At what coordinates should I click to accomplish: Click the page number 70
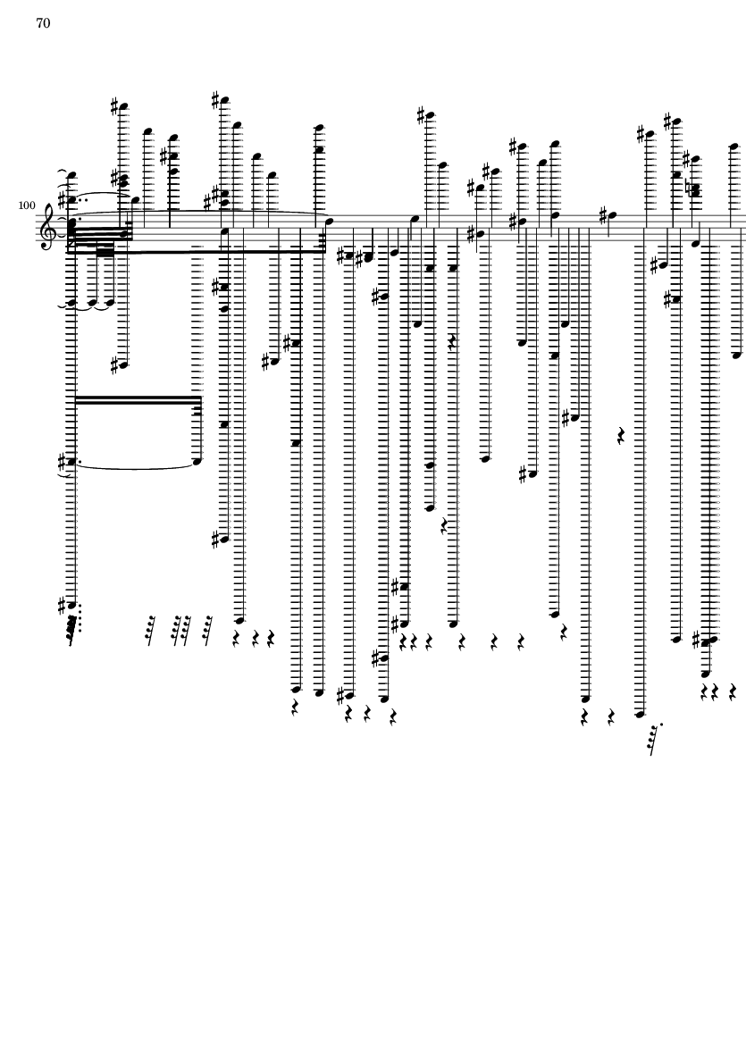click(43, 23)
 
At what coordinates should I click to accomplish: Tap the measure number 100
click(27, 205)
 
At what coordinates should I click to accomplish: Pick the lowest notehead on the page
click(641, 715)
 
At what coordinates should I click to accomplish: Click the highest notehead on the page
click(224, 101)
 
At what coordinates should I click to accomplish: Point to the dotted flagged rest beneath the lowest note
click(655, 739)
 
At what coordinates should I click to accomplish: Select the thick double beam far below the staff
click(138, 401)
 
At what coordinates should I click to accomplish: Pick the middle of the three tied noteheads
click(93, 303)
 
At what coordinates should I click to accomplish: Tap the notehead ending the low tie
click(197, 462)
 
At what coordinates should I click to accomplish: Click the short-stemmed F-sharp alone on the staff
click(610, 216)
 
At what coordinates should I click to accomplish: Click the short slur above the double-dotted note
click(101, 194)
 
